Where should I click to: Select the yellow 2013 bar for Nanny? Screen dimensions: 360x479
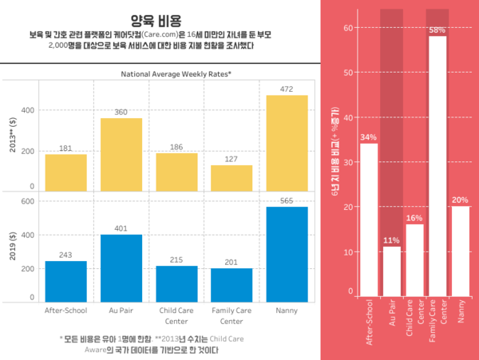(287, 143)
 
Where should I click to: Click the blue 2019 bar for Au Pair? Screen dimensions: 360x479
(121, 268)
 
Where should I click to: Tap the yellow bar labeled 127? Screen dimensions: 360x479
(232, 178)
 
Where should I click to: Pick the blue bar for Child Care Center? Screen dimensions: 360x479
(176, 283)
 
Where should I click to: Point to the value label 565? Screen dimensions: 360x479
(287, 200)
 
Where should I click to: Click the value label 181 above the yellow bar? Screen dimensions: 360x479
(65, 148)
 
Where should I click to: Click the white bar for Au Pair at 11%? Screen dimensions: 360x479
(391, 271)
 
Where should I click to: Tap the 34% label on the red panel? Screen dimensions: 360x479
(369, 137)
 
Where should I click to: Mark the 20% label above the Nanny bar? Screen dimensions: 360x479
(461, 200)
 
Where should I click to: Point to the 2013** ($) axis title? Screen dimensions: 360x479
(12, 136)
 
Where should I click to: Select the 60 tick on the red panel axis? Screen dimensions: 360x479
(348, 28)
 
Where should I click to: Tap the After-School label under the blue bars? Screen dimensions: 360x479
(65, 310)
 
